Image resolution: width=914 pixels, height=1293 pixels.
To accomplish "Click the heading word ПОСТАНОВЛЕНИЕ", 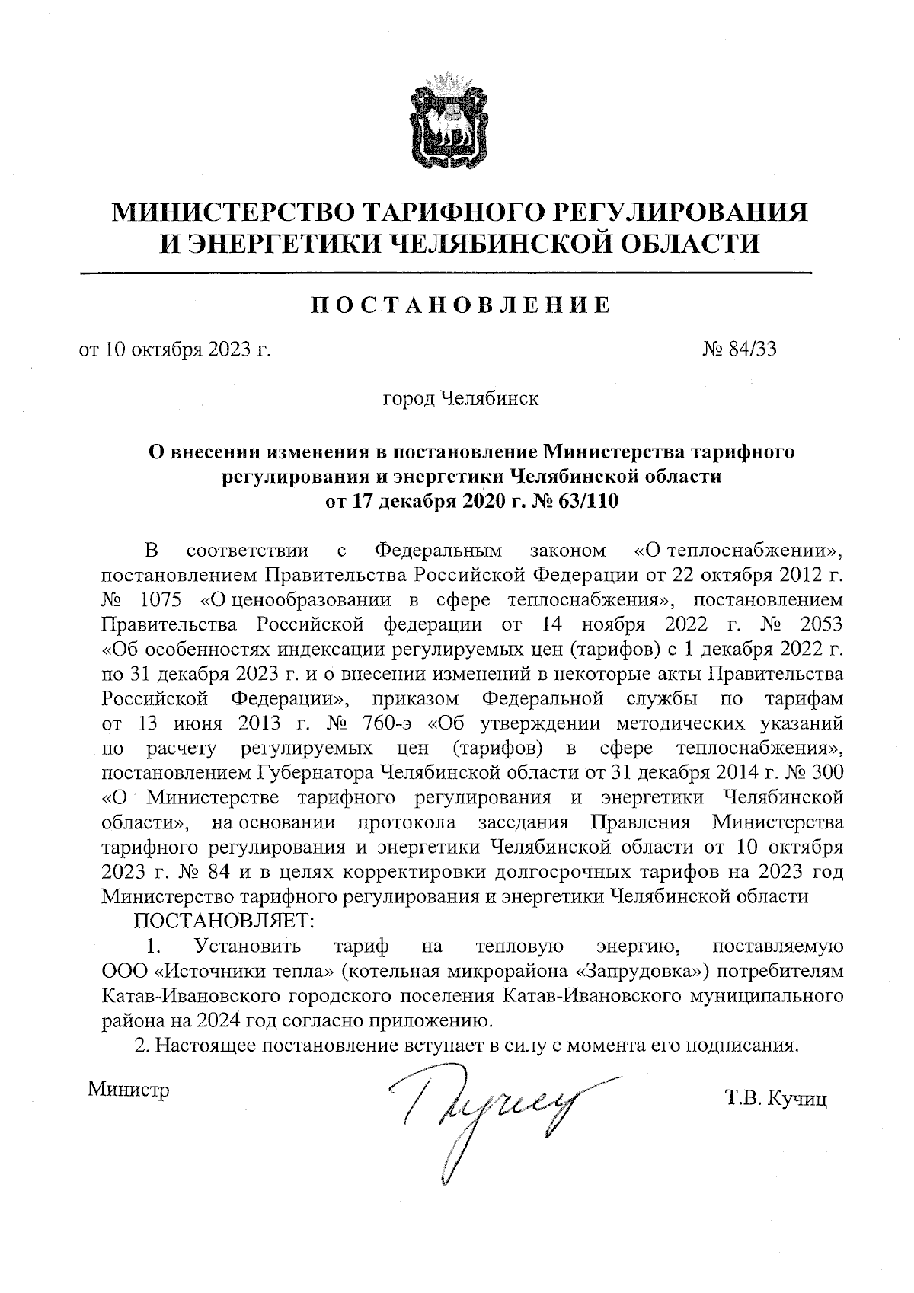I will [462, 306].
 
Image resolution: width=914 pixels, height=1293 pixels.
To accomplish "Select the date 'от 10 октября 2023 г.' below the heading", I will [176, 350].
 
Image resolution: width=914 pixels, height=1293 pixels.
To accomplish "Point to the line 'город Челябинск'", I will [461, 398].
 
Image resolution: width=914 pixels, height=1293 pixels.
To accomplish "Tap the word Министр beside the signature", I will [129, 1089].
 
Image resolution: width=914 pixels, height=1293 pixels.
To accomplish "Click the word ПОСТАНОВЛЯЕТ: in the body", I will [224, 921].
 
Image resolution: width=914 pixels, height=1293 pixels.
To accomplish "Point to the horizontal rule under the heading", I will [446, 272].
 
